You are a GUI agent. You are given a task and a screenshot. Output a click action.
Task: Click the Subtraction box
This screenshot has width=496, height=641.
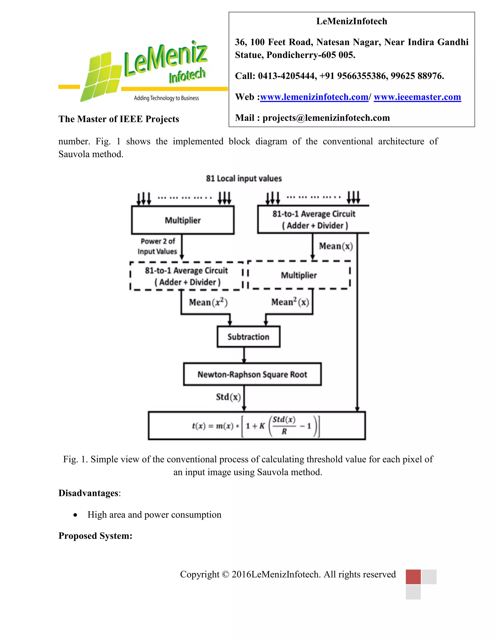click(248, 337)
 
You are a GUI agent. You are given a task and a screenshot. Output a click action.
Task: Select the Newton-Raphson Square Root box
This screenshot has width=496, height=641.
click(252, 374)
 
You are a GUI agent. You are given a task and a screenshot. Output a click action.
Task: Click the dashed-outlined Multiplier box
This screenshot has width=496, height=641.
click(299, 275)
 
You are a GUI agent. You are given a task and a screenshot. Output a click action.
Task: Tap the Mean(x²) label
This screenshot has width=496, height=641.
click(208, 302)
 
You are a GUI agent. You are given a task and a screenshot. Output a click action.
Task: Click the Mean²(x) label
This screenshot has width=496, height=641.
click(290, 302)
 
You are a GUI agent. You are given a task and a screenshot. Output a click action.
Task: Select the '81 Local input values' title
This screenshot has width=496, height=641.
click(244, 179)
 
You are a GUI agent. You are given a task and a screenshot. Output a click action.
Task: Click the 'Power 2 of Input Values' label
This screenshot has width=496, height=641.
click(157, 246)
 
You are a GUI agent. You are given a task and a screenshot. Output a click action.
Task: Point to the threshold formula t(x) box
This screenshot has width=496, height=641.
click(256, 425)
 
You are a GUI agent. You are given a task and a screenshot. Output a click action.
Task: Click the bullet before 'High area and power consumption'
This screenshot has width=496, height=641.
click(76, 515)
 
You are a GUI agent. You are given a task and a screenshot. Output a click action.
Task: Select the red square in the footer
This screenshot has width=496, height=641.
click(413, 576)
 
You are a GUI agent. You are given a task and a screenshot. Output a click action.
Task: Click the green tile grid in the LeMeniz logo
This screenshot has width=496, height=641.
click(101, 77)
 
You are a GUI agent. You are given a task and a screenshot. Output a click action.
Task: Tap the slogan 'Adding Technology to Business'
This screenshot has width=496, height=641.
click(166, 98)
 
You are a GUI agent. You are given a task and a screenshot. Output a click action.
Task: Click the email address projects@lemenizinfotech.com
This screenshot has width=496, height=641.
click(326, 118)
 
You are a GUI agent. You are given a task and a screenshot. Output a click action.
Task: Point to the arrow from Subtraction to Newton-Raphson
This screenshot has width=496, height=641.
click(244, 355)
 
